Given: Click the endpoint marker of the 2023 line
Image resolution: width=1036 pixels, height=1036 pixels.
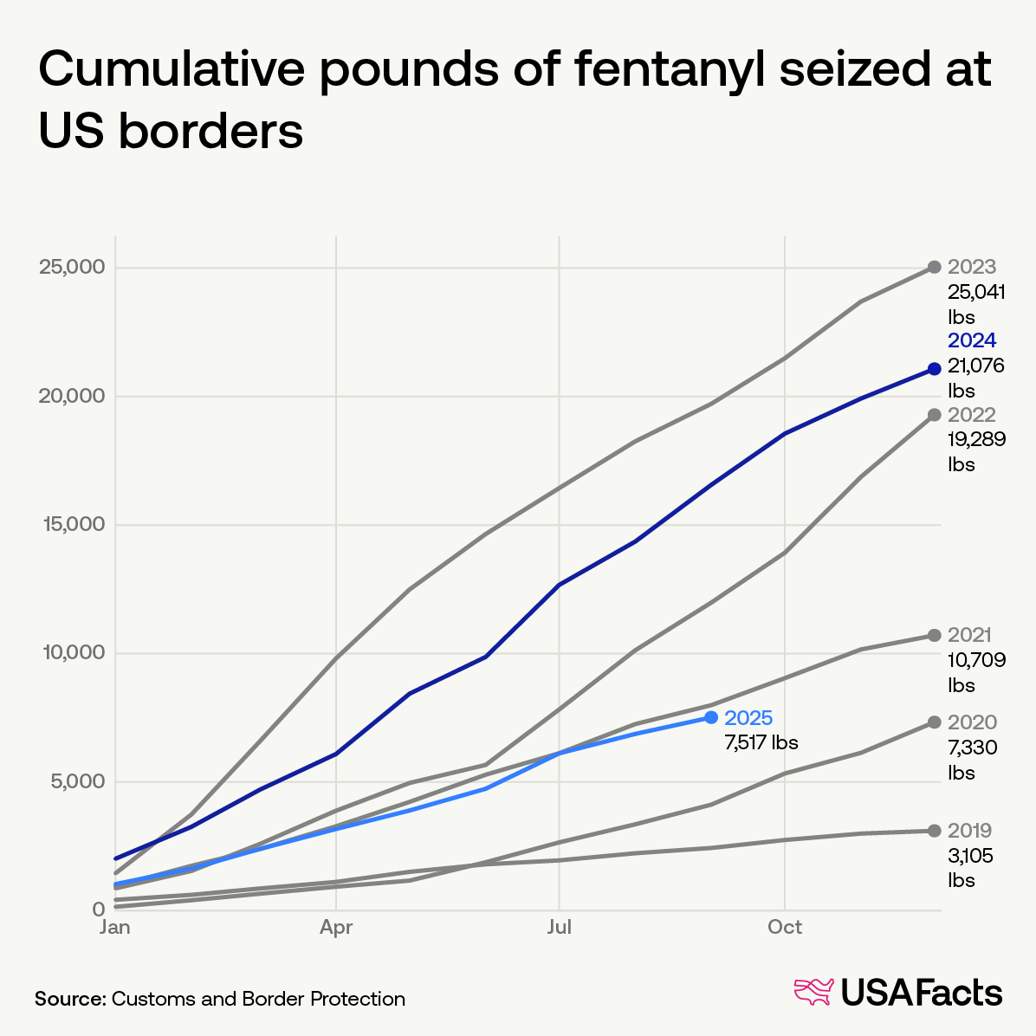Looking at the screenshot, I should click(934, 267).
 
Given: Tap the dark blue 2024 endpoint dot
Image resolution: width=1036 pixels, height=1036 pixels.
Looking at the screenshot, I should click(934, 369).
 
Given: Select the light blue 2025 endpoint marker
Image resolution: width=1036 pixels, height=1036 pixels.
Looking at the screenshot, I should click(711, 717).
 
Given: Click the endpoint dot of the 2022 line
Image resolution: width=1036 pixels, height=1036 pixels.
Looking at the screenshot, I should click(934, 415).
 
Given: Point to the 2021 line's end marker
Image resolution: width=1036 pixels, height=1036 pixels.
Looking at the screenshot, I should click(934, 635).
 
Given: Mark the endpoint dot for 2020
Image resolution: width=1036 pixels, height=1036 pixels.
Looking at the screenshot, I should click(934, 722).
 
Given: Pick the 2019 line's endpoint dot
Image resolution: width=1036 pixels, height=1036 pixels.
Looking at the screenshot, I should click(934, 831).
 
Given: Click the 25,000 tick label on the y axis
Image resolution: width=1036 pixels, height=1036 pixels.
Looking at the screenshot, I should click(72, 267).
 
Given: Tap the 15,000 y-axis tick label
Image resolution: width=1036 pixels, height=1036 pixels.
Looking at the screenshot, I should click(73, 524).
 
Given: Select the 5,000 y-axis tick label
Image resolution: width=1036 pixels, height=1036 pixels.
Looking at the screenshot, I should click(77, 781).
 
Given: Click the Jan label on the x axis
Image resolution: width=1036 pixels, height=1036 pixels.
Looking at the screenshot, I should click(115, 928).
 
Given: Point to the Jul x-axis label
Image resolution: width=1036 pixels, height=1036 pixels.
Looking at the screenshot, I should click(560, 928).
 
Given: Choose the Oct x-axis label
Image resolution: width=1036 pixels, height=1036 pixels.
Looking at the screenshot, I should click(784, 928).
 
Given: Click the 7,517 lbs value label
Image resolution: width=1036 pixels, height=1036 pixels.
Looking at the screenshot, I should click(761, 742).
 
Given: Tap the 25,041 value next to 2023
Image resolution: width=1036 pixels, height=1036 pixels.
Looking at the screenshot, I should click(976, 292).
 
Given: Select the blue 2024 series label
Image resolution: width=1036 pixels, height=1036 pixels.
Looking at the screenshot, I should click(972, 340).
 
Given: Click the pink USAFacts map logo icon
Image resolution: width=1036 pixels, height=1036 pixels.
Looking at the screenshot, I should click(813, 993).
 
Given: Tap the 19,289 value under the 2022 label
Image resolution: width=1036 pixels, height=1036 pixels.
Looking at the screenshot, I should click(976, 439).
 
